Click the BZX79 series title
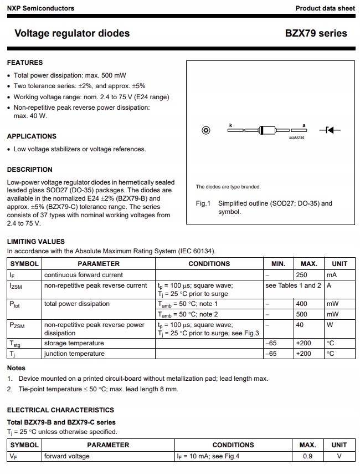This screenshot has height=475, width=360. tap(316, 33)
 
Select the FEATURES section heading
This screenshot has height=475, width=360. tap(24, 63)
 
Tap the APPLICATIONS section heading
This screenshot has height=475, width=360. tap(32, 136)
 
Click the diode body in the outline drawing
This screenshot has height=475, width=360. tap(268, 130)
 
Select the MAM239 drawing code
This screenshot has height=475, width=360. tap(297, 138)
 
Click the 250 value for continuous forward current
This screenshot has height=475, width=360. tap(302, 275)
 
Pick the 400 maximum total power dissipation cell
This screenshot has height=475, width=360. tap(302, 304)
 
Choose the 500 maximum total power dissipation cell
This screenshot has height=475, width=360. tap(302, 314)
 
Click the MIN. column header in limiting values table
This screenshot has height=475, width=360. tap(278, 264)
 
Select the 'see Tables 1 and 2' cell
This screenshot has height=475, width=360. tap(293, 285)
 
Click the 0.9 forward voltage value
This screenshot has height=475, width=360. tap(308, 456)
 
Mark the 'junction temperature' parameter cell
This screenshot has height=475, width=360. tap(74, 354)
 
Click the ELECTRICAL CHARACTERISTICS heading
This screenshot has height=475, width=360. tap(60, 410)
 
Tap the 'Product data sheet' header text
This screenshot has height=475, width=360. tap(325, 8)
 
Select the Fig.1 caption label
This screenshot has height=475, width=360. tap(203, 203)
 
